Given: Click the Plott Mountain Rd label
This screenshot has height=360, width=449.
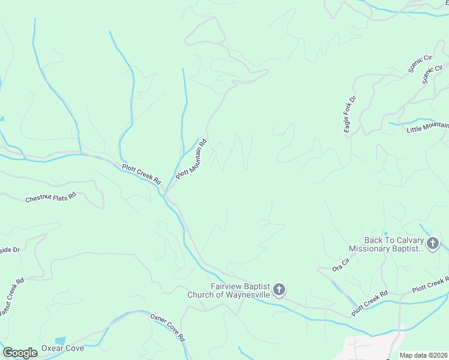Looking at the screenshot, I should click(192, 159).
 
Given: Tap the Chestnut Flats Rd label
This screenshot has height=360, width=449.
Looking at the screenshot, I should click(51, 197).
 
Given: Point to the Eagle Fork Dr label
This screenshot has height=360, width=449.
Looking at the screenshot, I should click(350, 115).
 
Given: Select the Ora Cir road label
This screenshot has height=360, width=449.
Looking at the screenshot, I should click(340, 265).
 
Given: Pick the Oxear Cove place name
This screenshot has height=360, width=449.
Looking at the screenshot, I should click(62, 349).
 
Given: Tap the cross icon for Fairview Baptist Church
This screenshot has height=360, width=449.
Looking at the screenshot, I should click(279, 290).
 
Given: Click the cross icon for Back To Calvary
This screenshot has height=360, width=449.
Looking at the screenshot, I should click(433, 244).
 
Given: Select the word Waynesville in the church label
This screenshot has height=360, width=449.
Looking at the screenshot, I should click(247, 295).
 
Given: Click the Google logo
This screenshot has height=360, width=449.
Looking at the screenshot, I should click(20, 353).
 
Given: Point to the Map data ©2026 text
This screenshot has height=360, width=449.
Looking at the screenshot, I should click(424, 355).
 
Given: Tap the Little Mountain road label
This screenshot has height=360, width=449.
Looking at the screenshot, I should click(428, 128).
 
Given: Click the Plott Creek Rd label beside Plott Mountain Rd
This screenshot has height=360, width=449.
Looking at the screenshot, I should click(142, 174).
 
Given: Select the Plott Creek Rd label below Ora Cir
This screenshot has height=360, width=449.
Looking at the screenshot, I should click(370, 303).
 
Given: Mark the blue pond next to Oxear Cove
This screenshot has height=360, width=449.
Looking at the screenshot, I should click(60, 341).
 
